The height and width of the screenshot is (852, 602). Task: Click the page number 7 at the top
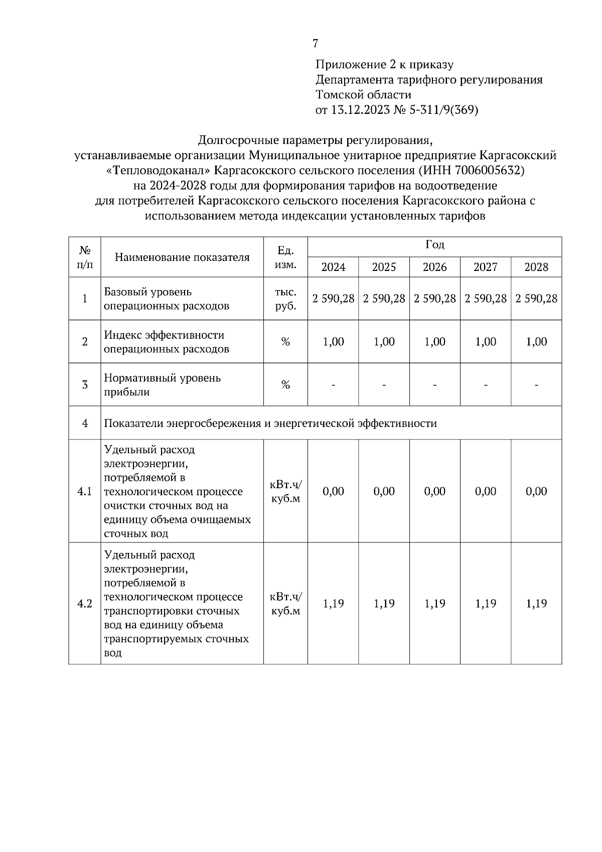[315, 44]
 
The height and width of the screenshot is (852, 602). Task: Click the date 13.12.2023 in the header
[360, 110]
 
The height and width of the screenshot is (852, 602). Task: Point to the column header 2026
[434, 267]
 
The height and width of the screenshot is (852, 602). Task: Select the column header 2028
[536, 267]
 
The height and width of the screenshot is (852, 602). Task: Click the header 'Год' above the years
[434, 245]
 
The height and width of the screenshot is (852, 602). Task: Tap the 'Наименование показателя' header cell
[182, 257]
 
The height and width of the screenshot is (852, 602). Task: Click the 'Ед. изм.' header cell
[285, 257]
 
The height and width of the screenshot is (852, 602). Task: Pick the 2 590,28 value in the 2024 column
[333, 299]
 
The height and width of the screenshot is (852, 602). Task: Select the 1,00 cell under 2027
[485, 342]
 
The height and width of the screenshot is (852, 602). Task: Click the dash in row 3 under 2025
[384, 385]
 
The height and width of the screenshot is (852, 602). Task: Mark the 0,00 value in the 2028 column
[536, 491]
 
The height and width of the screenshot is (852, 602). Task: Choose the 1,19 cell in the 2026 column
[434, 604]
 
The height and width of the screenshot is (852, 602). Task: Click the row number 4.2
[84, 604]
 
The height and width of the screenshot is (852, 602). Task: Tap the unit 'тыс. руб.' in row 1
[285, 299]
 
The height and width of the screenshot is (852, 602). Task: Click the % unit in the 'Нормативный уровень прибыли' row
[285, 385]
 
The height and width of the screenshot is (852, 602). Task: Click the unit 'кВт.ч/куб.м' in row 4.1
[285, 491]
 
